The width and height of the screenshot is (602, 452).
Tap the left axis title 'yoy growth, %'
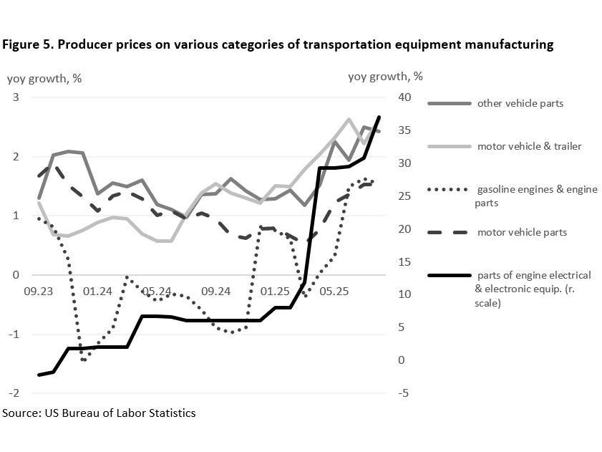pos(44,78)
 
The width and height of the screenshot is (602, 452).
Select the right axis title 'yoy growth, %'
pos(385,77)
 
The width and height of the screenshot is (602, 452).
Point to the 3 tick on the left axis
pos(15,97)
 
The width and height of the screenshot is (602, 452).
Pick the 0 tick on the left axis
pos(15,275)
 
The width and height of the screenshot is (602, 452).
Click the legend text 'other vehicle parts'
pos(520,103)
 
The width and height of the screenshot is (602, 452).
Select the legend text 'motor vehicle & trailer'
pos(529,146)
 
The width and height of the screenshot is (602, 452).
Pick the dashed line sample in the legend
pos(449,232)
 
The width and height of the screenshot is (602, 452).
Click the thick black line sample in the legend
pos(449,276)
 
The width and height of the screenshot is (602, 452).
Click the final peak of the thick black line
pos(379,117)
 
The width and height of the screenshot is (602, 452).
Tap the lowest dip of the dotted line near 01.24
pos(84,360)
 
